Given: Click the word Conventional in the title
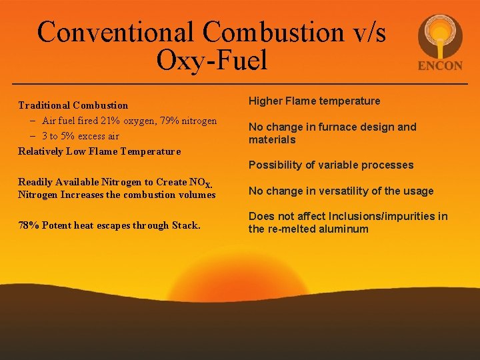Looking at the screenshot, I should [116, 32].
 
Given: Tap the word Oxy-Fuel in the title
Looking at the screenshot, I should [211, 61].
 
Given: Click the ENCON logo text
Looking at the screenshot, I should [440, 66].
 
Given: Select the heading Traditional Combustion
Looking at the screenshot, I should [73, 105].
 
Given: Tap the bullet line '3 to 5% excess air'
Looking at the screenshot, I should [80, 136].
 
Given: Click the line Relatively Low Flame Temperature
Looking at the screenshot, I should [99, 151].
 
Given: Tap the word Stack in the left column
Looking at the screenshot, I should [186, 225].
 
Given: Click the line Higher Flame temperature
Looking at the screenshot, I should [314, 101].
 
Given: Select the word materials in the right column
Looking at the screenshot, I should [271, 140].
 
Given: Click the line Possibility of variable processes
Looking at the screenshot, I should [331, 165].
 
